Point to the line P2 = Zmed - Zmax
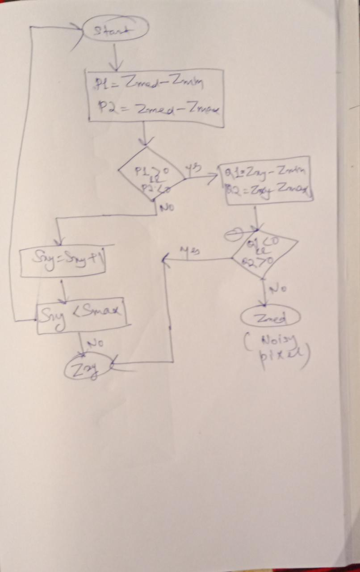[x=159, y=109]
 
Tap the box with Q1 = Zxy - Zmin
[x=267, y=181]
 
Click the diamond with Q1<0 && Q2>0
[x=264, y=252]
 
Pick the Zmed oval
[x=270, y=318]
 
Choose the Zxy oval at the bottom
[x=86, y=368]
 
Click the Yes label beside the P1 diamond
[x=195, y=168]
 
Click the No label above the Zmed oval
[x=280, y=289]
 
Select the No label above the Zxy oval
[x=95, y=343]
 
